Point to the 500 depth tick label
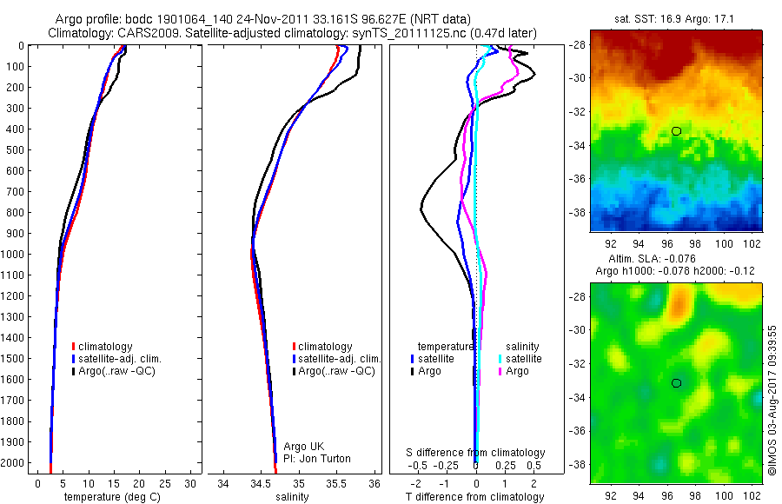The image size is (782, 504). pyautogui.click(x=14, y=149)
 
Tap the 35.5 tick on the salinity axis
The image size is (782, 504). pyautogui.click(x=336, y=484)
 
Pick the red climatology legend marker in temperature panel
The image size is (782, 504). pyautogui.click(x=73, y=347)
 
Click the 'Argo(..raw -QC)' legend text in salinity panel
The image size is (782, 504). pyautogui.click(x=336, y=371)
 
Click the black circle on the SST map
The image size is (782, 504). pyautogui.click(x=676, y=131)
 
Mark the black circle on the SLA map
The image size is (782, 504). pyautogui.click(x=676, y=382)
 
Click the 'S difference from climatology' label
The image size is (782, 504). pyautogui.click(x=475, y=453)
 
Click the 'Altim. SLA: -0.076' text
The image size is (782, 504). pyautogui.click(x=673, y=259)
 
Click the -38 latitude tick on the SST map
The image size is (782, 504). pyautogui.click(x=578, y=212)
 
